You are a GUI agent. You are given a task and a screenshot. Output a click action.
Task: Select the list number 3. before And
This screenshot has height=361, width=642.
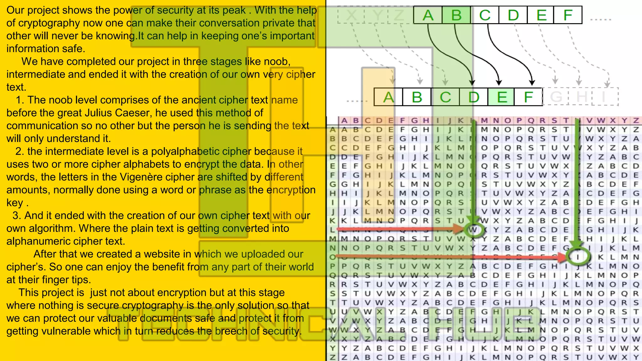coord(17,216)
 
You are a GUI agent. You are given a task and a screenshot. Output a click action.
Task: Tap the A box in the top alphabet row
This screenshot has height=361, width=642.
coord(428,15)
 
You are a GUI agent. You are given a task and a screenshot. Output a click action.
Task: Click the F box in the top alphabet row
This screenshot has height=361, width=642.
coord(568,15)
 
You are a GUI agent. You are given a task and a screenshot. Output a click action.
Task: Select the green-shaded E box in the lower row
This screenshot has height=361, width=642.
coord(502,97)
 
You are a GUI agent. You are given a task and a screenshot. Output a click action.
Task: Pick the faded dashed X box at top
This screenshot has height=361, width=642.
coord(351,15)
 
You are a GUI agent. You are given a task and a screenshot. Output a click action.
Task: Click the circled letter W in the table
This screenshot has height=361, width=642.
coord(473,230)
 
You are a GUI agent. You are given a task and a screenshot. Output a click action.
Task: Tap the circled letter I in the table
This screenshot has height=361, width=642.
coord(578,257)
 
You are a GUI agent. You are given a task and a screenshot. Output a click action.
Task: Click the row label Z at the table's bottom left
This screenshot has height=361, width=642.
coord(333,357)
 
